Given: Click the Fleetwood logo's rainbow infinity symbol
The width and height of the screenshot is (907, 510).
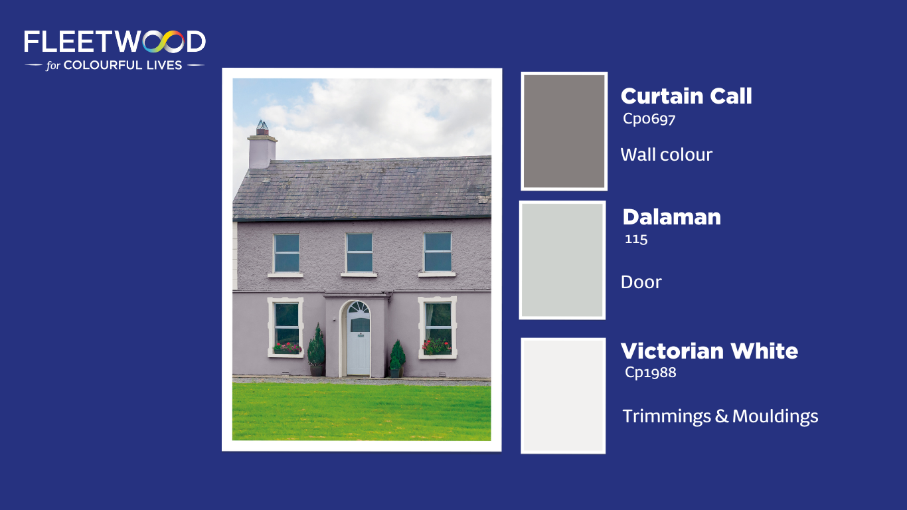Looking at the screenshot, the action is point(163,42).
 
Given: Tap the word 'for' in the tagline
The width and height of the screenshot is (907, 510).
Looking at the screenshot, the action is point(53,66).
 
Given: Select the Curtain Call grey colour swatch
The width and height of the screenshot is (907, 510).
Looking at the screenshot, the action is point(564,131).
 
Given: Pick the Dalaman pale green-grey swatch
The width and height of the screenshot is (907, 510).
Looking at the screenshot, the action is point(562,260).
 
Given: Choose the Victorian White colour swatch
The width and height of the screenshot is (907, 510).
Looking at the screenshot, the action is point(563,396).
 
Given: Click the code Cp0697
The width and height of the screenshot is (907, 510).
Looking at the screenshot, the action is point(649,119).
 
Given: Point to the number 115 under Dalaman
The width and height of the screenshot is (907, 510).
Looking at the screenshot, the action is point(636,239).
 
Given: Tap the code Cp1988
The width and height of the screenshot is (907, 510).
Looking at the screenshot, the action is point(650,373).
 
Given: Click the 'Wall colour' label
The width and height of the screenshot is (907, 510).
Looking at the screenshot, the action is point(667,155).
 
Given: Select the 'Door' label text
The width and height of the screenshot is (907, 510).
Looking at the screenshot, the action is point(641,282).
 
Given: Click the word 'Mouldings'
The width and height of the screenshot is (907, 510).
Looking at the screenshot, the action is point(775,417).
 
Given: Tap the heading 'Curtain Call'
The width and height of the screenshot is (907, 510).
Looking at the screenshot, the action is point(687,96).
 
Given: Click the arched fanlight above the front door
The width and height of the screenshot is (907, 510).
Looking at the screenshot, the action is point(359,307).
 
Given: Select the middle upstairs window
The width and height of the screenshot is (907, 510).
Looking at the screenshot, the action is point(359,253).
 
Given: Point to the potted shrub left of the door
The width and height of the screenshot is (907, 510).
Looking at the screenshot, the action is point(316,350).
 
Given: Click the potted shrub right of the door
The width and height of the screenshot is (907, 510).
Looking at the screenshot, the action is point(397,359).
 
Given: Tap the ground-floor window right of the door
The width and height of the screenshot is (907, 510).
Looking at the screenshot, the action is point(438,328).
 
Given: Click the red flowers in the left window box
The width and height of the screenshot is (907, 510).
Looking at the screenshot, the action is point(288,348).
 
